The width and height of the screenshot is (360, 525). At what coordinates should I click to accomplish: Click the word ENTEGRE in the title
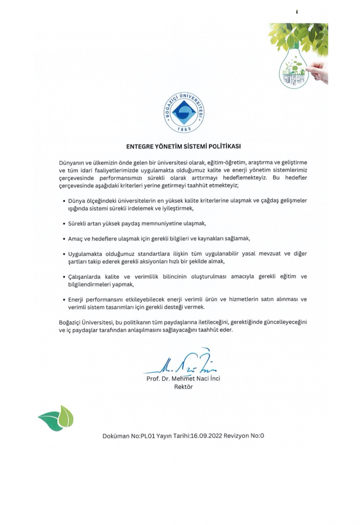coord(142,146)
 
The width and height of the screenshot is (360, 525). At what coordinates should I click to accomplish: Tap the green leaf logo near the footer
coord(56,418)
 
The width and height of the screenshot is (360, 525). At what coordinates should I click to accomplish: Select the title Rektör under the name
coord(183,387)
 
